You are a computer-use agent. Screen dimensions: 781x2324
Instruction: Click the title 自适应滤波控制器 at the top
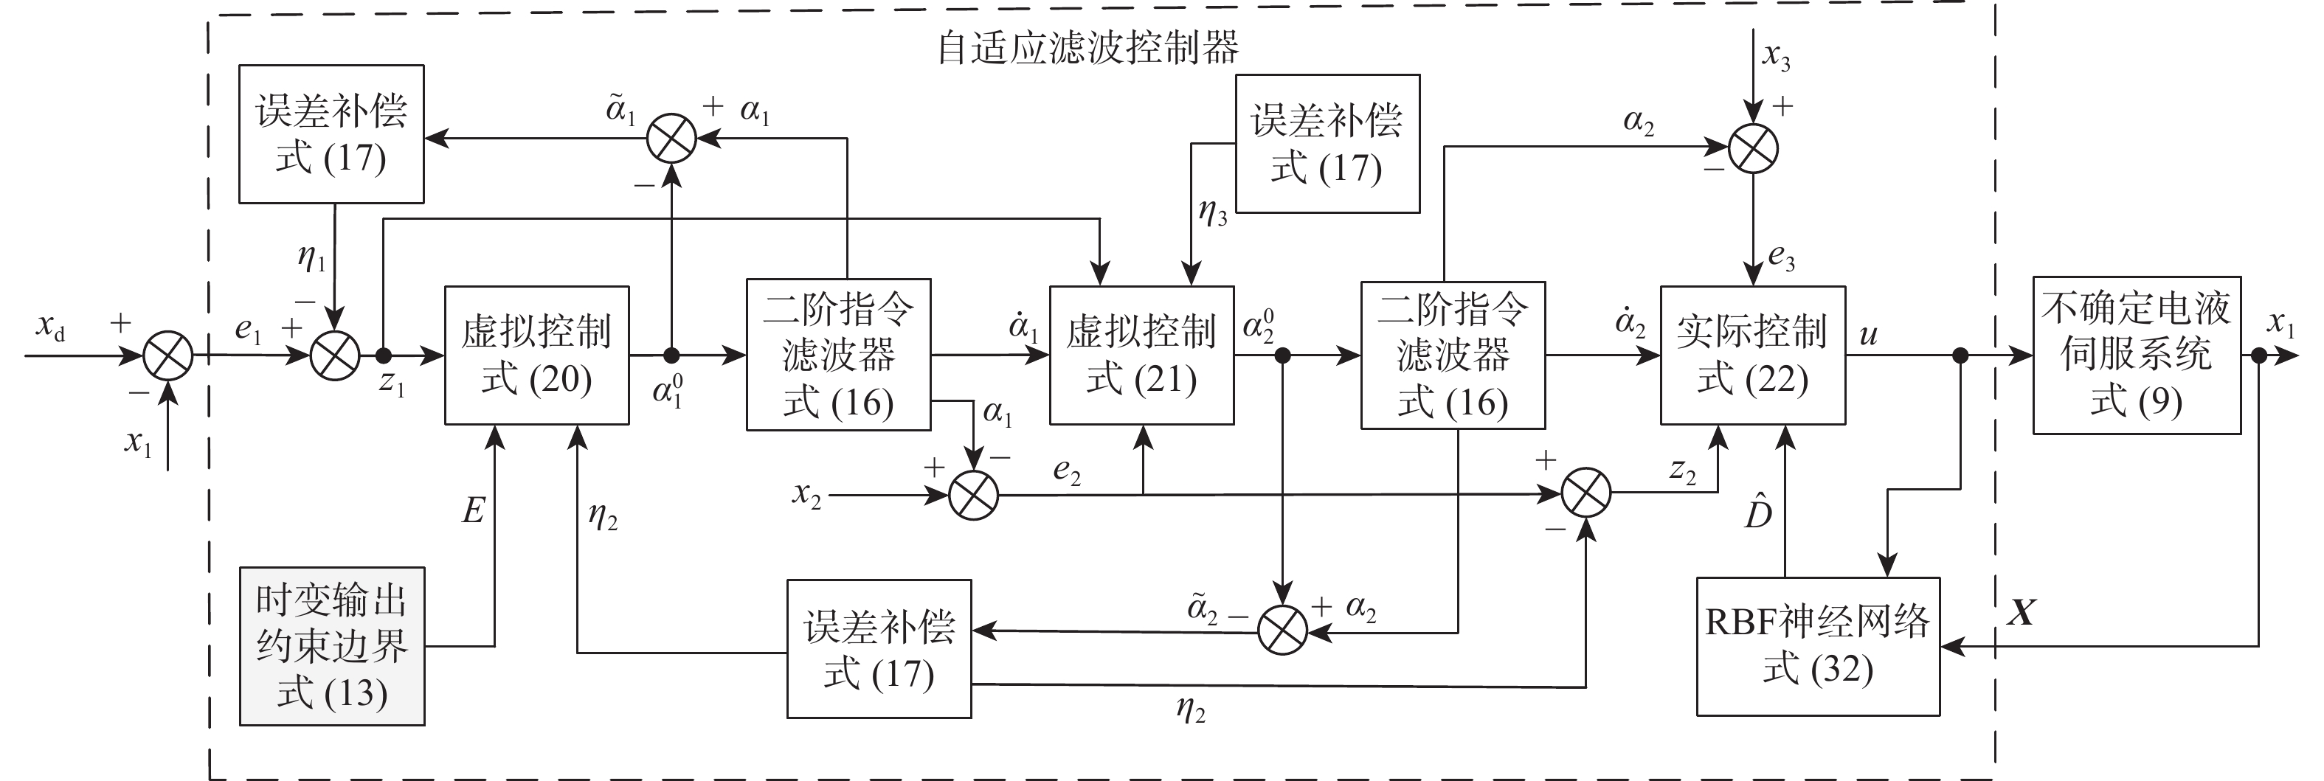click(1087, 47)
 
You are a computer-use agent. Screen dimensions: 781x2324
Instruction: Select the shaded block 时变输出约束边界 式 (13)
click(332, 646)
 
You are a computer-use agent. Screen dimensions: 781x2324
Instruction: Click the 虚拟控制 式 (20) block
click(537, 355)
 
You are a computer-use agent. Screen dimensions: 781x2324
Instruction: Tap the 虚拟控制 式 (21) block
click(1141, 355)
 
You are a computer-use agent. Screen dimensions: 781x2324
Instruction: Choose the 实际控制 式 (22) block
click(1752, 355)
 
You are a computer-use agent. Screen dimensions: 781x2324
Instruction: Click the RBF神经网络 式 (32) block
click(1818, 646)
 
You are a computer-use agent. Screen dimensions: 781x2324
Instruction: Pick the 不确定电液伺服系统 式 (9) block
click(2137, 355)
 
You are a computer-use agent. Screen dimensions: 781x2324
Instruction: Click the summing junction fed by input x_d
click(169, 355)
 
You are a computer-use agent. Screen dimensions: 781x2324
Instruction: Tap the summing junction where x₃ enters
click(1753, 149)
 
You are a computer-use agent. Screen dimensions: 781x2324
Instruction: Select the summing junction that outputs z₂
click(1586, 493)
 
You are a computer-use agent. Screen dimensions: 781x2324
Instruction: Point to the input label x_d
click(49, 327)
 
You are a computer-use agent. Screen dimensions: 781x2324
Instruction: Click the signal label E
click(474, 511)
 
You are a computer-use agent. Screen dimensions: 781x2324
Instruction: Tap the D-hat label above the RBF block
click(1757, 511)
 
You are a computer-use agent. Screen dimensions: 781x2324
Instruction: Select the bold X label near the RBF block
click(2021, 614)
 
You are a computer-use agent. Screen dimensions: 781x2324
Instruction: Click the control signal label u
click(1868, 335)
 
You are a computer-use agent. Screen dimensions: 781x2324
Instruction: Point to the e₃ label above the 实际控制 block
click(1781, 258)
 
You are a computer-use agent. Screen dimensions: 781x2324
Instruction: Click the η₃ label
click(1212, 213)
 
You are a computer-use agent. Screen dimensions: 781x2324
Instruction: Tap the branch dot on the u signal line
click(1960, 356)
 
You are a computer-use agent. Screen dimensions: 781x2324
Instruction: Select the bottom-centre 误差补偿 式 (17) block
click(879, 648)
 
